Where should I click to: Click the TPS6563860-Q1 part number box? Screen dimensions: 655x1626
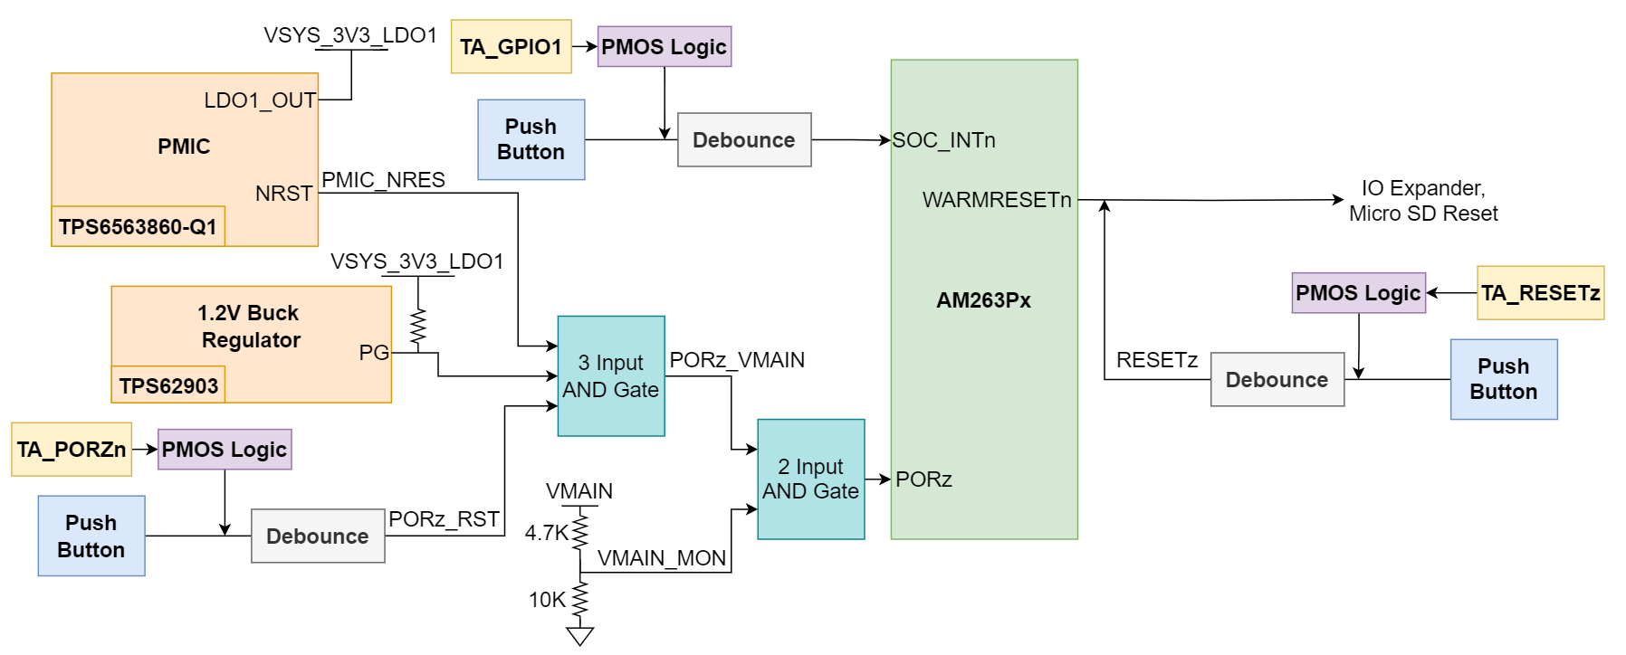point(138,226)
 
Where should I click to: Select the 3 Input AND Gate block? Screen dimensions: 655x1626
point(611,376)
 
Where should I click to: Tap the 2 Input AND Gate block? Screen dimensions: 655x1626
point(810,479)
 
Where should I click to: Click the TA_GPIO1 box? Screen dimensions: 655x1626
point(512,47)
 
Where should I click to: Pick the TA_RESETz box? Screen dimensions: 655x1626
point(1540,293)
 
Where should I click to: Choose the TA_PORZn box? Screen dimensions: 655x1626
point(72,450)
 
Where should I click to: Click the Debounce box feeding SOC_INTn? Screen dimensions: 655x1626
point(744,140)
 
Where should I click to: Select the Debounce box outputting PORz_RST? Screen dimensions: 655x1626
point(318,536)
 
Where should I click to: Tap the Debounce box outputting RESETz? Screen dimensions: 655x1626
point(1277,380)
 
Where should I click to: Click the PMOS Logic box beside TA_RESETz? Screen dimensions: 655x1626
point(1358,293)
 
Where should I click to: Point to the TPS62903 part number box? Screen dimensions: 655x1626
point(168,385)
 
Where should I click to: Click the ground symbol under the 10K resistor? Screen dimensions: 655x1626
point(579,636)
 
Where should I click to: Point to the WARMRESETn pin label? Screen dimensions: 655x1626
point(997,200)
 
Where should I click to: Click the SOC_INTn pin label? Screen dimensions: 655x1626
point(944,140)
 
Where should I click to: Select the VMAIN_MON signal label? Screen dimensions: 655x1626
point(662,558)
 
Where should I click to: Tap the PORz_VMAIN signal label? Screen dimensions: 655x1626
point(737,360)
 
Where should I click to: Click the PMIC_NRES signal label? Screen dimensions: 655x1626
point(383,180)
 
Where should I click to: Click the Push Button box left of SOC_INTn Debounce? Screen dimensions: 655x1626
point(531,140)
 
